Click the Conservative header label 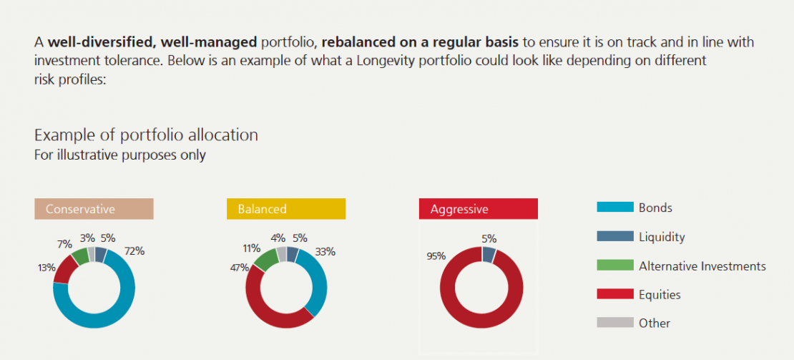pos(80,209)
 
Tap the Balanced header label pos(262,209)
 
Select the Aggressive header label pos(459,209)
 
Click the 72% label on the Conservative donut pos(134,251)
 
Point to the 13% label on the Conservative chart pos(47,268)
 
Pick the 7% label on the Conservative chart pos(65,244)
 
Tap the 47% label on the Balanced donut pos(239,268)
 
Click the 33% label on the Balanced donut pos(325,251)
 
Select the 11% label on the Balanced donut pos(251,248)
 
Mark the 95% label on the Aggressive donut pos(436,256)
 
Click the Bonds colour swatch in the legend pos(614,208)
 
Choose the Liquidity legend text pos(662,237)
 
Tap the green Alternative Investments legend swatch pos(614,266)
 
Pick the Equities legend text pos(660,294)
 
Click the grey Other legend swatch pos(614,323)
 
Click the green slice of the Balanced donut pos(265,260)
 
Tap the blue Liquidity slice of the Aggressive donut pos(489,254)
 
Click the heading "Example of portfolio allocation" pos(146,135)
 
